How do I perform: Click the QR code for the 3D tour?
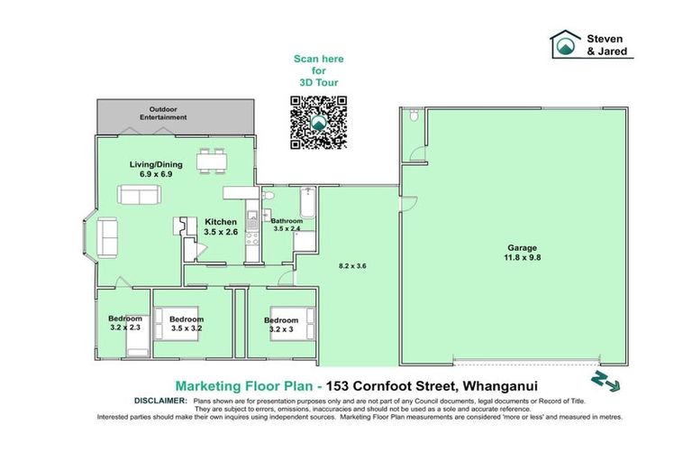coord(319,123)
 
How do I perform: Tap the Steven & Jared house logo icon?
coord(566,45)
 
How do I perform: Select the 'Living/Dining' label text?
coord(150,163)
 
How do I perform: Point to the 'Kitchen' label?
coord(220,222)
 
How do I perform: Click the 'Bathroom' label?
coord(286,221)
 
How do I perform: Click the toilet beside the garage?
coord(411,117)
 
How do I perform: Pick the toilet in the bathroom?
coord(268,199)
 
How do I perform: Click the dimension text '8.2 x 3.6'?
coord(352,266)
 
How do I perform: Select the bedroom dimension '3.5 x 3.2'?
coord(187,329)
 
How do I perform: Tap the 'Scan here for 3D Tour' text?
coord(319,69)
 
